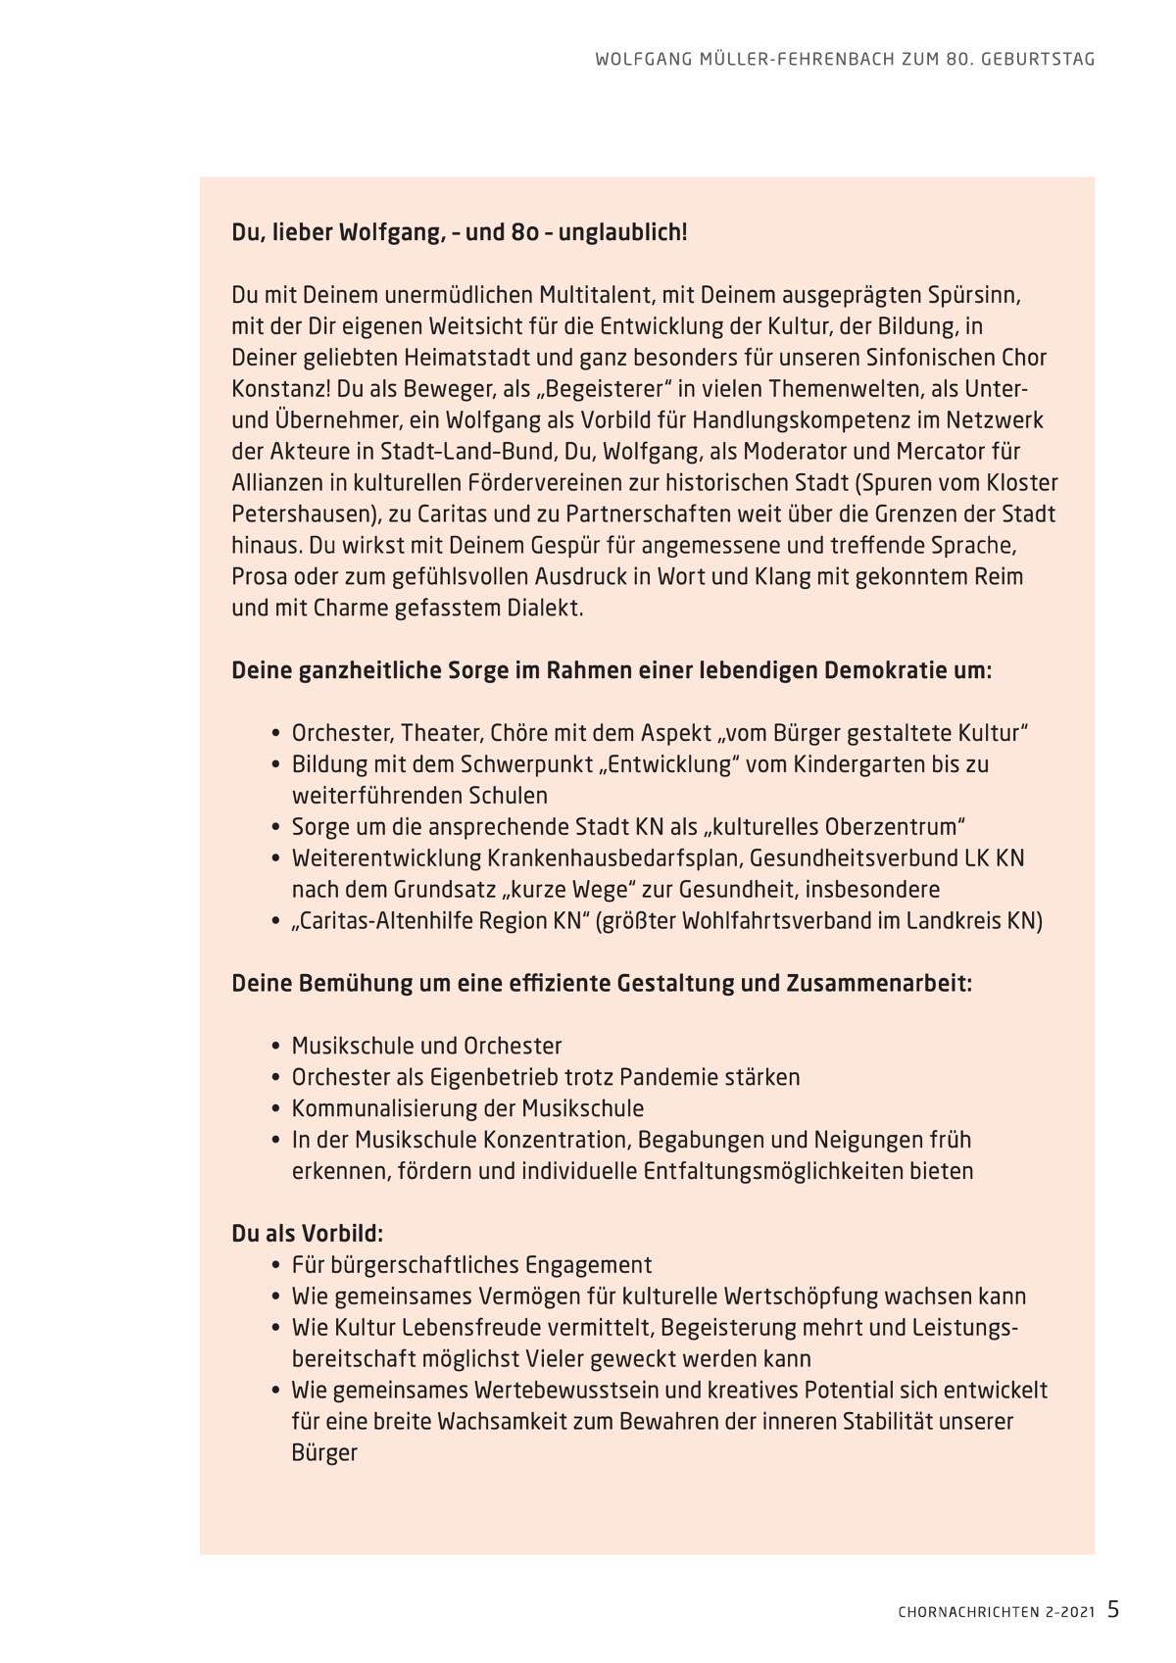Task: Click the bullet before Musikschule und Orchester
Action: [x=276, y=1047]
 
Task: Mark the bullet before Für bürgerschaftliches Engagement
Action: [x=276, y=1265]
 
